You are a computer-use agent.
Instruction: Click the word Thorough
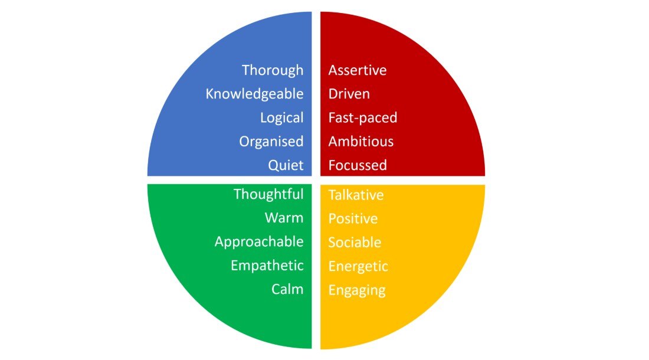pyautogui.click(x=273, y=70)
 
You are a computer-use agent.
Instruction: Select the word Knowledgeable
pyautogui.click(x=254, y=94)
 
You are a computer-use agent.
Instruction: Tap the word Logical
pyautogui.click(x=281, y=118)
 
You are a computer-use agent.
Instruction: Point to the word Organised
pyautogui.click(x=271, y=142)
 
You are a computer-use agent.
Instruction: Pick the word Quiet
pyautogui.click(x=286, y=165)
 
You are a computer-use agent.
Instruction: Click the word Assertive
pyautogui.click(x=358, y=70)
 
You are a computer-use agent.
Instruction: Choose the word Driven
pyautogui.click(x=349, y=94)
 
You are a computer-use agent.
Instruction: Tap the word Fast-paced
pyautogui.click(x=363, y=118)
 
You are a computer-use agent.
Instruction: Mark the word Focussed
pyautogui.click(x=358, y=165)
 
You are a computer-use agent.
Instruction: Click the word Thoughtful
pyautogui.click(x=268, y=194)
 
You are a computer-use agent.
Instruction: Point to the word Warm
pyautogui.click(x=284, y=218)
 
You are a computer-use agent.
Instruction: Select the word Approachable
pyautogui.click(x=259, y=242)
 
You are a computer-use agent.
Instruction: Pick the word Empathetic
pyautogui.click(x=267, y=266)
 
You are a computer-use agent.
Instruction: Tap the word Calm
pyautogui.click(x=287, y=289)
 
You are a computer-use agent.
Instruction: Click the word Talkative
pyautogui.click(x=356, y=195)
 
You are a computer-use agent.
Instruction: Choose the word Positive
pyautogui.click(x=353, y=219)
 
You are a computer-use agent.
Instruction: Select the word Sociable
pyautogui.click(x=355, y=243)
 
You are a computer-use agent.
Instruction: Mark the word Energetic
pyautogui.click(x=358, y=267)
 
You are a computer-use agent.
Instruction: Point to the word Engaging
pyautogui.click(x=357, y=290)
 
